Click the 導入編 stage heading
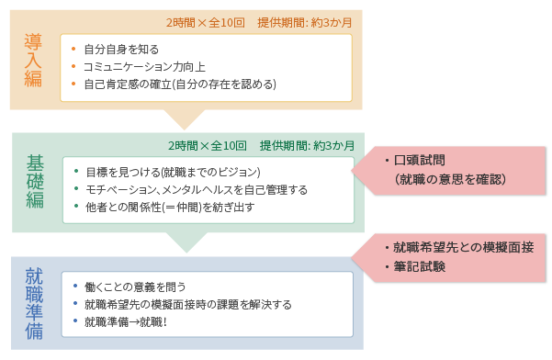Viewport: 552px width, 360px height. pos(35,60)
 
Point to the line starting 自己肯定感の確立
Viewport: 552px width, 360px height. pos(179,84)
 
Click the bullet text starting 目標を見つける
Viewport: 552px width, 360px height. pos(174,172)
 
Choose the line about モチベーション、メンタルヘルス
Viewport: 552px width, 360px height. pos(197,189)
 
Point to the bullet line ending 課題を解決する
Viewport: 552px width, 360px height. pos(187,304)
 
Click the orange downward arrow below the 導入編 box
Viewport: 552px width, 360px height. pos(185,118)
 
